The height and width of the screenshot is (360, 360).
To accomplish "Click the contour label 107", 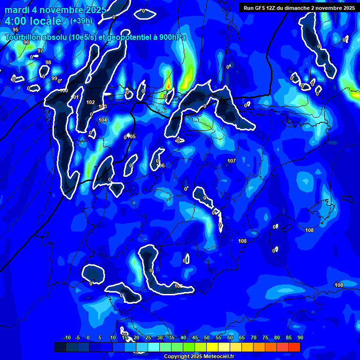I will point(231,161).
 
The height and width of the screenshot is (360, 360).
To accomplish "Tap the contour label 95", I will point(15,30).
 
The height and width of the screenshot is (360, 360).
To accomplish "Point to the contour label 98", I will point(48,62).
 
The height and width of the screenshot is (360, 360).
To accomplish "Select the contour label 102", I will point(90,102).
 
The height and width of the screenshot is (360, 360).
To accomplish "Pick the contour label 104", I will point(103,120).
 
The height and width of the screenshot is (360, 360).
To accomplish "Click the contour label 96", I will point(26,42).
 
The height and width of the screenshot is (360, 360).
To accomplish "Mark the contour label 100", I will point(64,90).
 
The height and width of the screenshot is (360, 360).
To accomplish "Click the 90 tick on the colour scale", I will point(300,337).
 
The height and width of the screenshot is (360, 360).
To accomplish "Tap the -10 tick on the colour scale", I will point(67,337).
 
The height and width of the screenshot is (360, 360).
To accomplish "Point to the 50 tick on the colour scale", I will point(207,337).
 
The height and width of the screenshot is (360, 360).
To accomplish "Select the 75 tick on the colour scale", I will point(265,337).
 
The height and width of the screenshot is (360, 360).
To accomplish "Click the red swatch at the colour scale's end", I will point(294,347).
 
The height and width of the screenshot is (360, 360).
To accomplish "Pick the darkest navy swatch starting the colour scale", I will point(60,347).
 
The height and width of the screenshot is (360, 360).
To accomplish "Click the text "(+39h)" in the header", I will point(81,21).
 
